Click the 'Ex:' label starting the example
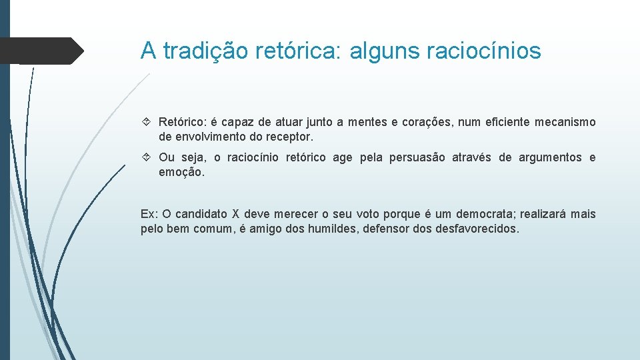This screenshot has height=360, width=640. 149,214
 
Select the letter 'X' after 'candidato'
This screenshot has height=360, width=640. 235,214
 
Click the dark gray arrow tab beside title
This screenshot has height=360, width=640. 40,51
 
